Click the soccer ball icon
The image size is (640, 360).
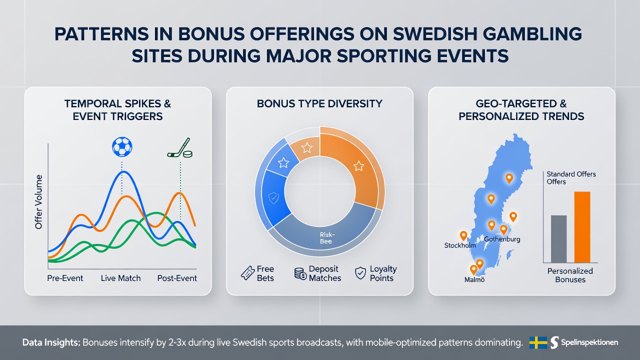[122, 147]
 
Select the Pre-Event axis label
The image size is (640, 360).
[65, 278]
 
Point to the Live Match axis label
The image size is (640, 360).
[120, 278]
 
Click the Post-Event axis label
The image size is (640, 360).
[177, 278]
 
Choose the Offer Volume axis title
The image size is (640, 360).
[38, 202]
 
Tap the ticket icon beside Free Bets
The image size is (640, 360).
[247, 273]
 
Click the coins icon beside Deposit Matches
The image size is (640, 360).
[300, 273]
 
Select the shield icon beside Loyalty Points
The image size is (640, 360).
[360, 273]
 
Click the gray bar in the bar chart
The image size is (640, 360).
[558, 239]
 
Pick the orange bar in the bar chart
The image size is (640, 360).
[582, 227]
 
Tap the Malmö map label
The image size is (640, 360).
[474, 279]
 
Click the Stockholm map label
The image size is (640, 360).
[460, 245]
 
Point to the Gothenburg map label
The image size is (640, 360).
[502, 239]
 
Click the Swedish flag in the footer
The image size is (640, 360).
[538, 342]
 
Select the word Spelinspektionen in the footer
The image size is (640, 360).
[589, 342]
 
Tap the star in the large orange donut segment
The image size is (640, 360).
[358, 165]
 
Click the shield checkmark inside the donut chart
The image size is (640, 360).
[273, 197]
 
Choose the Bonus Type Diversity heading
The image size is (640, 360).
[319, 103]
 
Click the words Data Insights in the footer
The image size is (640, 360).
[51, 342]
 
